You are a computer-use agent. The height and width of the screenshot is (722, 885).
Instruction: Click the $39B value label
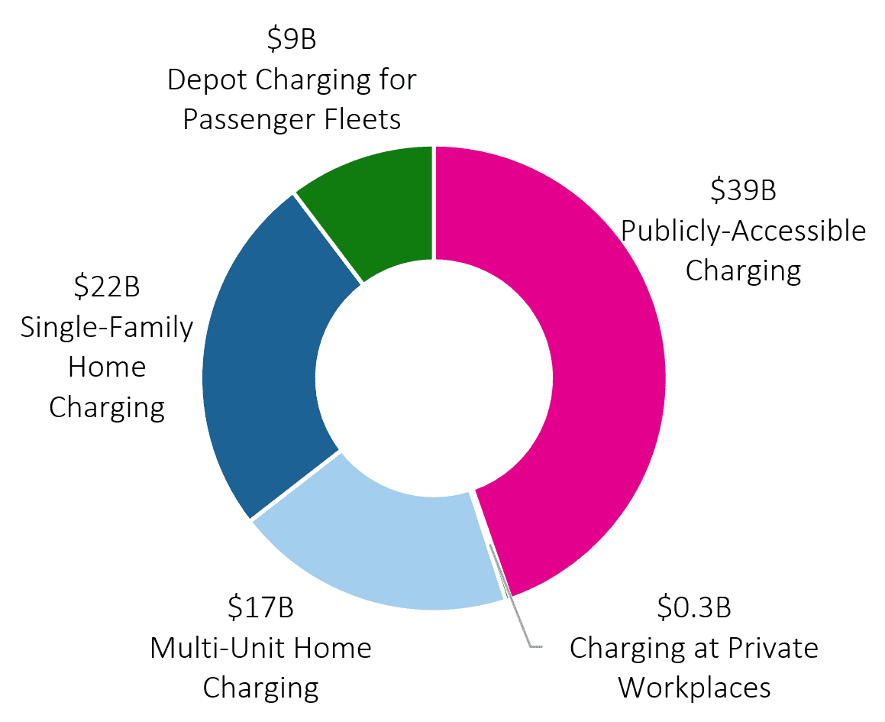click(743, 190)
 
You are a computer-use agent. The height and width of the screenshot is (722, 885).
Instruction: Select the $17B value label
click(260, 608)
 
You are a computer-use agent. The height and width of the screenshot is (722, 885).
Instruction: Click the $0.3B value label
click(694, 608)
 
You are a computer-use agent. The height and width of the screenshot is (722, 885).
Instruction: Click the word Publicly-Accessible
click(743, 230)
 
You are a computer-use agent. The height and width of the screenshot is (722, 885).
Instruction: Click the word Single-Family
click(107, 327)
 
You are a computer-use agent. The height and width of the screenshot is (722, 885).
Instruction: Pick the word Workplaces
click(694, 688)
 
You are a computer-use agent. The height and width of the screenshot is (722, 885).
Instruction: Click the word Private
click(774, 648)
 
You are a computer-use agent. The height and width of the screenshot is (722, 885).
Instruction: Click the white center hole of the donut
click(434, 378)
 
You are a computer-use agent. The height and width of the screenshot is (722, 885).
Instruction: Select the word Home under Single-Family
click(107, 367)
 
